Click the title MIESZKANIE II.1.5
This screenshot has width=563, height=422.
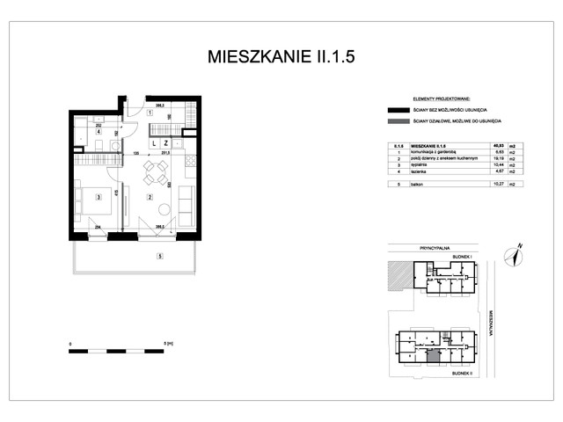(x=281, y=58)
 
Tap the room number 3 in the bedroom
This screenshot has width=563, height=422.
(x=99, y=198)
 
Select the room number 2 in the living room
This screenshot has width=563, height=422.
(x=150, y=198)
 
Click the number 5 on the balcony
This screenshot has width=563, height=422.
(x=159, y=257)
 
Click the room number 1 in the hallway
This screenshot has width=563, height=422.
(x=150, y=113)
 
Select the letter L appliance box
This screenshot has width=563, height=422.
(x=153, y=142)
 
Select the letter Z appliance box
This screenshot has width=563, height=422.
(x=165, y=142)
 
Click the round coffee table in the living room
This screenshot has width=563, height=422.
(x=164, y=209)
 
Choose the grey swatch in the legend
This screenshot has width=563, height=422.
(x=391, y=122)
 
